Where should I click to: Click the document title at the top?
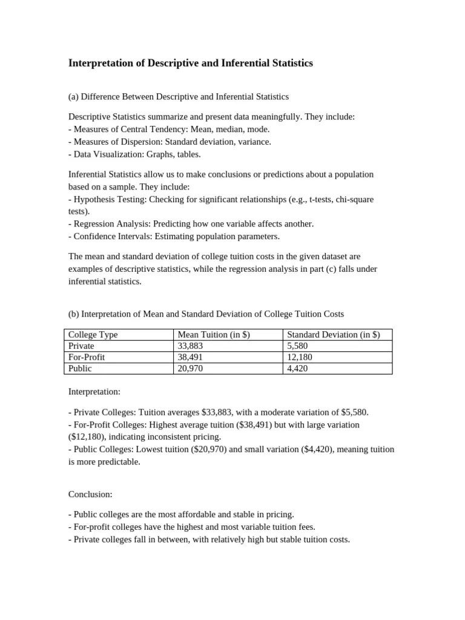pyautogui.click(x=191, y=63)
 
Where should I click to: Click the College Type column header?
pyautogui.click(x=93, y=335)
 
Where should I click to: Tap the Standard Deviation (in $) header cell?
pyautogui.click(x=333, y=335)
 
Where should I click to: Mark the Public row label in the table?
pyautogui.click(x=81, y=368)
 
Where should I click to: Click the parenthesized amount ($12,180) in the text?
pyautogui.click(x=85, y=437)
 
